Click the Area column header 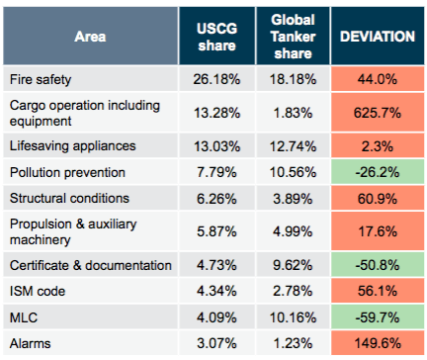[90, 37]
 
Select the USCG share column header [216, 37]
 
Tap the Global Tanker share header [293, 37]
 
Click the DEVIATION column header [378, 37]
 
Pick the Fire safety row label [41, 79]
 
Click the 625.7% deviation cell [378, 113]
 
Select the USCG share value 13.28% [216, 113]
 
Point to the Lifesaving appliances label [72, 146]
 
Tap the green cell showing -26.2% [378, 172]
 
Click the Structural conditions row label [69, 198]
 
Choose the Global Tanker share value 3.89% [293, 199]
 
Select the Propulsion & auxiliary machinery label [73, 231]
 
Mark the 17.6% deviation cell [378, 231]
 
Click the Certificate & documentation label [91, 265]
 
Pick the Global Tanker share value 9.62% [293, 265]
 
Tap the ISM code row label [38, 291]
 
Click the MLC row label [24, 317]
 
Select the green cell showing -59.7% [378, 317]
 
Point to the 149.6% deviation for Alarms [378, 343]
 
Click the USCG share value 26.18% [216, 79]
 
